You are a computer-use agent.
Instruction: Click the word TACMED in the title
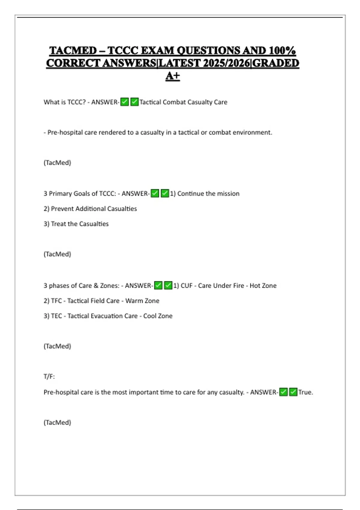tap(73, 50)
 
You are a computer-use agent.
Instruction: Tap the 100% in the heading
tap(282, 50)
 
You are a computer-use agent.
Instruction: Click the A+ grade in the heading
tap(172, 76)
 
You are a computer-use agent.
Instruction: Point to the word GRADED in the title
tap(276, 63)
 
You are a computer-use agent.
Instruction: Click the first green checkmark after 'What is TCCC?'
tap(124, 102)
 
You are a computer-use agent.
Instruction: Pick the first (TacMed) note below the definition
tap(57, 163)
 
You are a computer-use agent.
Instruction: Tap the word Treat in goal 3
tap(58, 224)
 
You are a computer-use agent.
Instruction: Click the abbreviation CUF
tap(186, 286)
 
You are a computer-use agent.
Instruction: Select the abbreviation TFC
tap(56, 301)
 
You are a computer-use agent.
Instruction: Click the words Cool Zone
tap(158, 316)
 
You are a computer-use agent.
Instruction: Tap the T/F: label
tap(49, 376)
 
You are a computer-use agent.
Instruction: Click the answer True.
tap(305, 392)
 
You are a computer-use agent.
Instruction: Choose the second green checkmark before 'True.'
tap(293, 392)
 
